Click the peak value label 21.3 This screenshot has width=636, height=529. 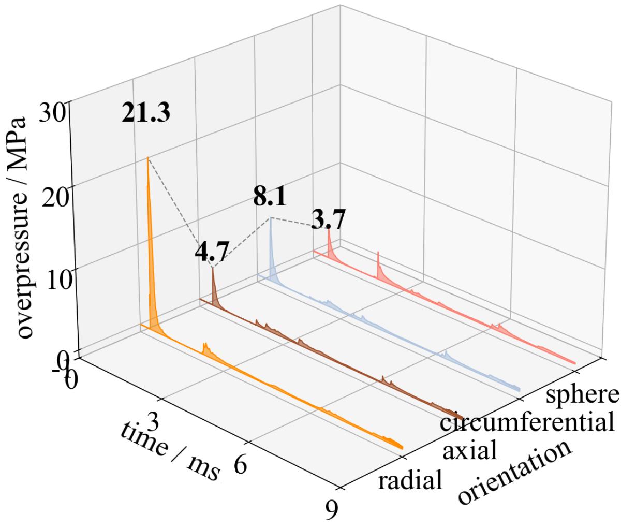point(145,113)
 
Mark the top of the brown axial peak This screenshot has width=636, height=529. point(213,268)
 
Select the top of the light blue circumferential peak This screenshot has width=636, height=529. point(270,218)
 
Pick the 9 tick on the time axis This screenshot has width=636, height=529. point(331,510)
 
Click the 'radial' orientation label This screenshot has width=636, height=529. point(410,481)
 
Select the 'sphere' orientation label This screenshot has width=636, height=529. point(582,394)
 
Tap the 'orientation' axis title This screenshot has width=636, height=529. point(515,472)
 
